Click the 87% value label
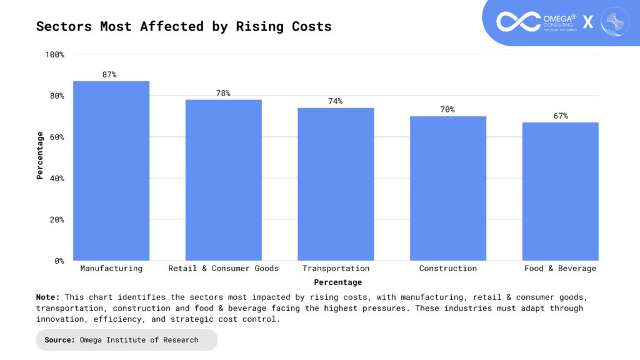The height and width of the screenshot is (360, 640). (109, 75)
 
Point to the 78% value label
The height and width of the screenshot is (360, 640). (223, 94)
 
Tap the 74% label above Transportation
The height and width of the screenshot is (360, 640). (336, 101)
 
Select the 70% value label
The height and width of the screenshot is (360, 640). (447, 110)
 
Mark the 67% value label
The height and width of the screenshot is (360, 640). (560, 116)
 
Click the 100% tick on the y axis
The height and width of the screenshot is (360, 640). (54, 55)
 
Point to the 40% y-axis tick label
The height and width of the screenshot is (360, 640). (56, 179)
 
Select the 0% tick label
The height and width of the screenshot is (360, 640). (59, 261)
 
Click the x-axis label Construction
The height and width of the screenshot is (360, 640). (447, 269)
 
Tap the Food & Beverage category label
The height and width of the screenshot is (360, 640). (560, 269)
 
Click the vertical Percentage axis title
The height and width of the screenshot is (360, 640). (40, 156)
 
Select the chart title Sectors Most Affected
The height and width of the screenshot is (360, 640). (184, 26)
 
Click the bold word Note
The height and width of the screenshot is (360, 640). (47, 297)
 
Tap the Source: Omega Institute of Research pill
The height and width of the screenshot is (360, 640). (126, 340)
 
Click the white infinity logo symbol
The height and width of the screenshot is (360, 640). (518, 21)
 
